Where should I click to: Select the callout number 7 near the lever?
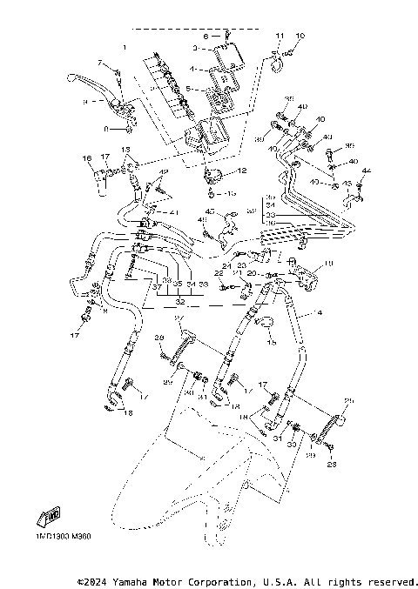[101, 63]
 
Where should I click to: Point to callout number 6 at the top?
[206, 37]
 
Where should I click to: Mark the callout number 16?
[87, 158]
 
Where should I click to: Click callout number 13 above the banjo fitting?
[125, 151]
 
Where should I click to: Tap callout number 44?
[366, 171]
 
